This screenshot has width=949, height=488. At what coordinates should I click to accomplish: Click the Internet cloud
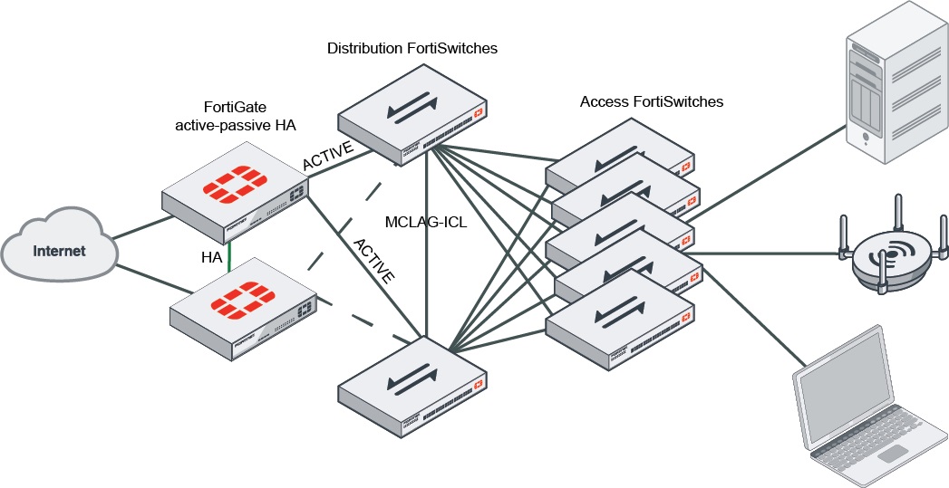(58, 249)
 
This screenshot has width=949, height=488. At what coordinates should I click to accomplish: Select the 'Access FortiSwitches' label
(652, 101)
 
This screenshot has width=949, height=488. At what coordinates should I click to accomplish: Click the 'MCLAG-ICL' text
(425, 222)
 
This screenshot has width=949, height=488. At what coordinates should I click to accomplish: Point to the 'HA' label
(211, 258)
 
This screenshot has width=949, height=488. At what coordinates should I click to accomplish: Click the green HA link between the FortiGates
(231, 255)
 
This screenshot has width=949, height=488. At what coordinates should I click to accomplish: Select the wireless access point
(894, 256)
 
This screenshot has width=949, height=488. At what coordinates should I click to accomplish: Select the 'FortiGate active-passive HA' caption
(236, 115)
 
